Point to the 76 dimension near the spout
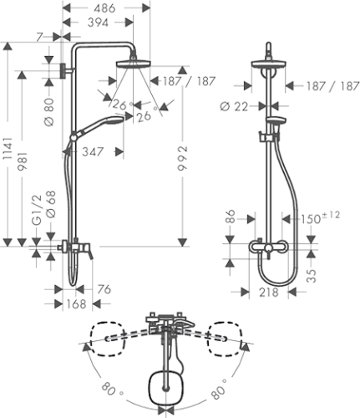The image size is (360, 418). tap(104, 291)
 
